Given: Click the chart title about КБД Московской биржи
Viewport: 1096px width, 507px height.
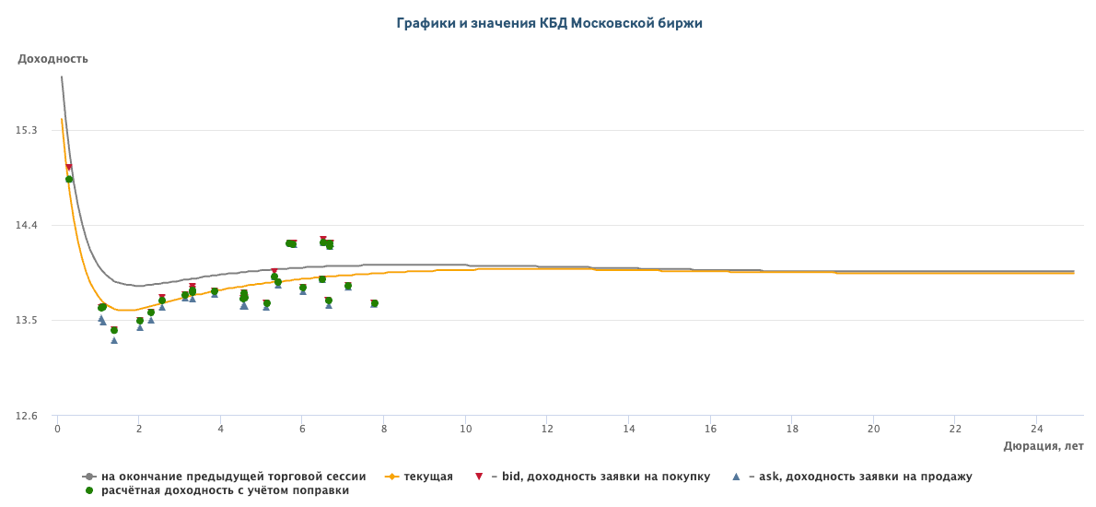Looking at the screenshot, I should tap(549, 23).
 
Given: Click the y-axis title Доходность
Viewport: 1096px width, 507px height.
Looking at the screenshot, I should tap(52, 59).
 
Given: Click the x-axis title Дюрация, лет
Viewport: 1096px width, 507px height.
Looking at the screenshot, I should tap(1043, 446).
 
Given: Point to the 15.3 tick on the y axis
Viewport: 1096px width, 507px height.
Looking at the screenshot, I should tap(27, 131).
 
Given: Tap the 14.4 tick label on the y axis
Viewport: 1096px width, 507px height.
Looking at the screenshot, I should tap(27, 226).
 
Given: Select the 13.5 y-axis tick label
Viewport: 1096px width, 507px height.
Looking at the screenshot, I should tap(27, 321).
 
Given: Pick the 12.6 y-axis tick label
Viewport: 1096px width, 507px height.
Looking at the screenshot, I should tap(27, 416).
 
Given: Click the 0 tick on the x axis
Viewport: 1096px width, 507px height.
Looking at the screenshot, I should tap(57, 429).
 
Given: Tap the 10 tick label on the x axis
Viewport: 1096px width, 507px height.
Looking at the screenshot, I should tap(465, 429).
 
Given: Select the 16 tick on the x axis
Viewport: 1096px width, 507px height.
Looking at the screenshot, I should tap(710, 429).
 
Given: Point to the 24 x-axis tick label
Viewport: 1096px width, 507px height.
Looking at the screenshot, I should tap(1036, 429).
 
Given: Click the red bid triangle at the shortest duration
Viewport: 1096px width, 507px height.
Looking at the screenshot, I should tap(69, 168).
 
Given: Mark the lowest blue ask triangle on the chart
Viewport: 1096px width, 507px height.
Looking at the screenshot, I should tap(114, 340).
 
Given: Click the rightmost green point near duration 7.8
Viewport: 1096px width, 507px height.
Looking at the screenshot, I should tap(374, 303).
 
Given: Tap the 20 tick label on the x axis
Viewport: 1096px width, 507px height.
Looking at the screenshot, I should tap(873, 429).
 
